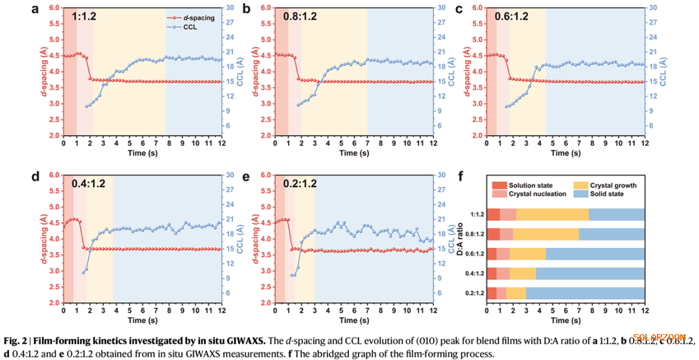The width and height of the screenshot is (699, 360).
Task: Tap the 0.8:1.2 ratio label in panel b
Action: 299,16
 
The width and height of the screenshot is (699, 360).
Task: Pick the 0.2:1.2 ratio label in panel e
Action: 300,183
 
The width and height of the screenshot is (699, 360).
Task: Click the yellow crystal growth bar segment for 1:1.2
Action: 552,215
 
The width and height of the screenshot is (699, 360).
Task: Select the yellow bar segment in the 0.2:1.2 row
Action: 516,293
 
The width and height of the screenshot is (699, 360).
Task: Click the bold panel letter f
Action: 460,176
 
